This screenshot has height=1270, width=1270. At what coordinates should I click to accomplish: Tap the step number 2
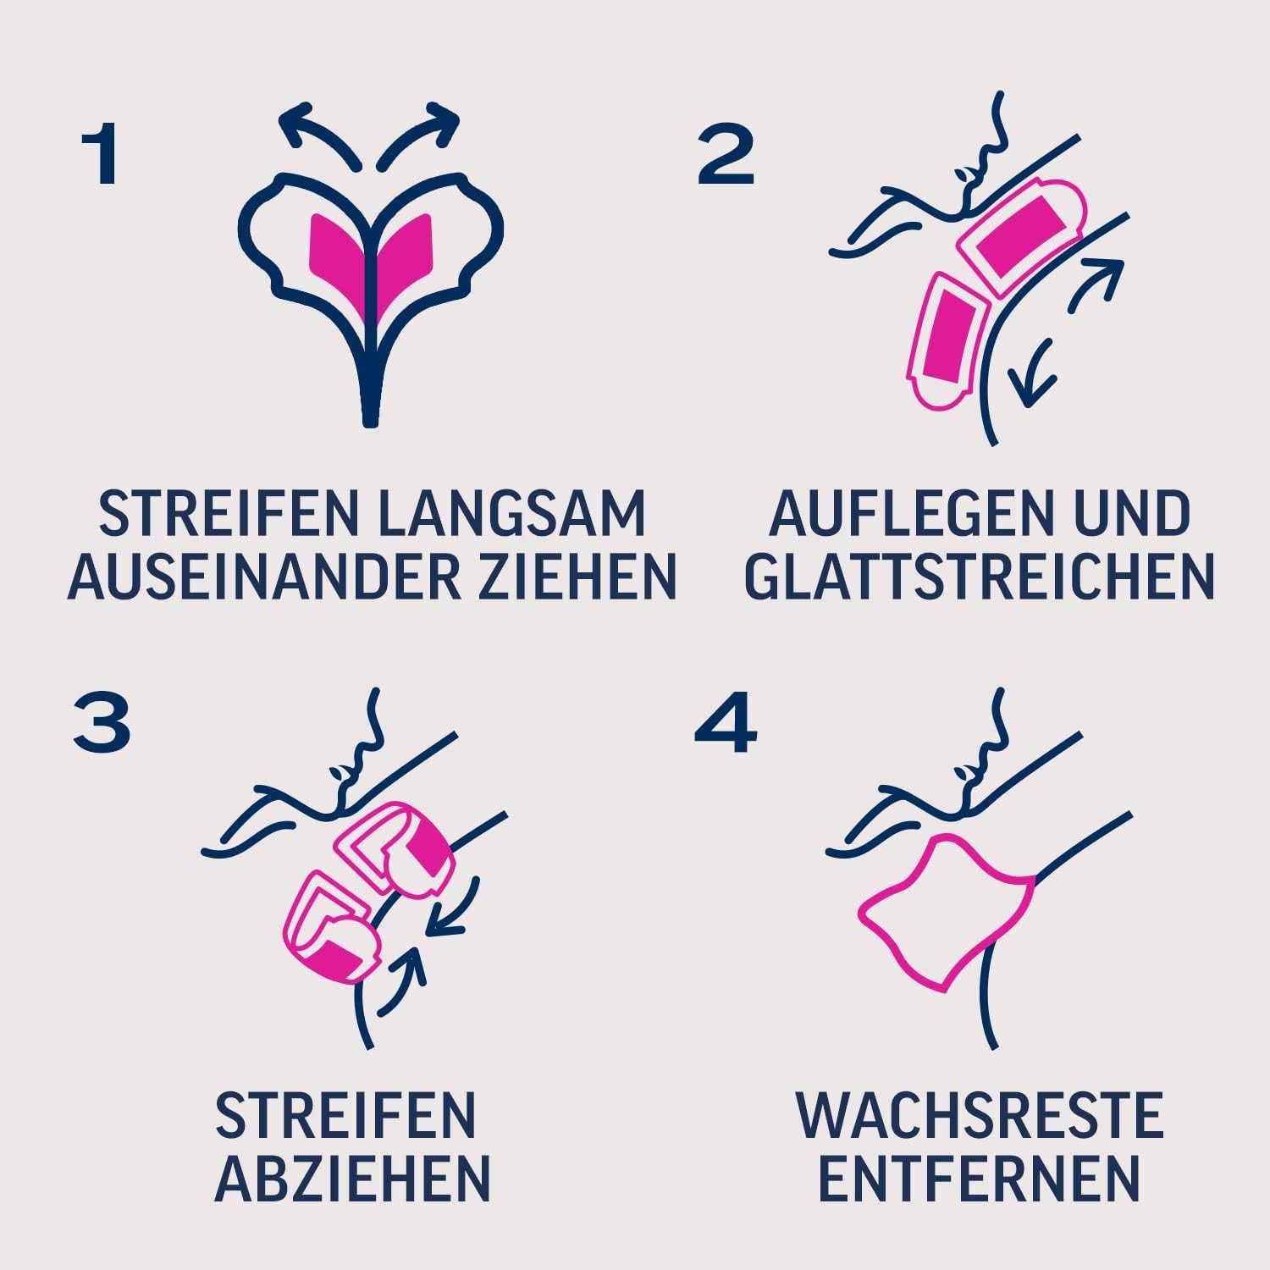click(x=726, y=157)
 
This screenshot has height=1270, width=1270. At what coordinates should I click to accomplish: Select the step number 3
click(x=102, y=725)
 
